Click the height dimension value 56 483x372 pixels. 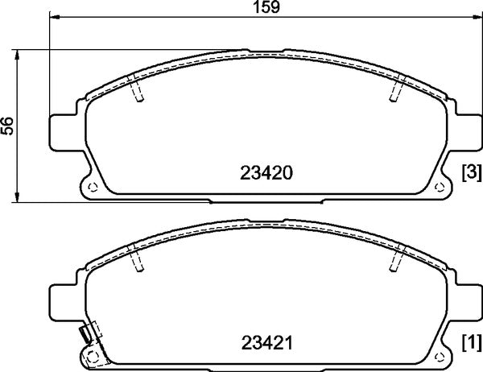pos(9,125)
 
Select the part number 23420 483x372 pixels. pos(266,172)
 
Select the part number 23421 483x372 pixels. pos(266,344)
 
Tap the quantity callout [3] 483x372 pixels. pos(471,172)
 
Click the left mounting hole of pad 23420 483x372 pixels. pos(91,188)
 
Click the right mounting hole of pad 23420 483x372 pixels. pos(440,188)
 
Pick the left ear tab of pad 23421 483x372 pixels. pos(64,302)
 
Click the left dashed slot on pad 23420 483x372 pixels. pos(138,91)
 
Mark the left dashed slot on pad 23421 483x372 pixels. pos(138,261)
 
